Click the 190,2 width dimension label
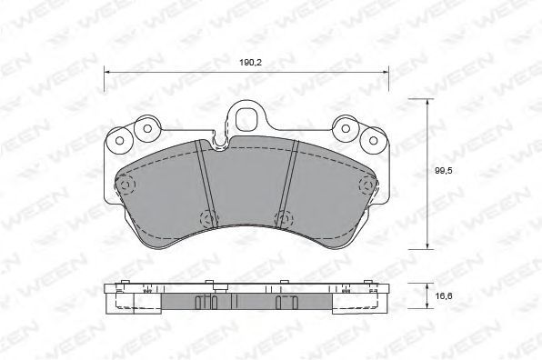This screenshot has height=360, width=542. (251, 63)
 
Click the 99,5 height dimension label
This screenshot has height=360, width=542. (444, 171)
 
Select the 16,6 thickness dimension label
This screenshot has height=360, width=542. (444, 295)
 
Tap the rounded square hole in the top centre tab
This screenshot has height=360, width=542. (246, 119)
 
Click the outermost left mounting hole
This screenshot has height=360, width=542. (120, 141)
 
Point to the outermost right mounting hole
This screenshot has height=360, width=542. (374, 141)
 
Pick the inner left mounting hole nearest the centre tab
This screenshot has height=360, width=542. (147, 128)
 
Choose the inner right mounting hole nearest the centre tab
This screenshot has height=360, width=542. (346, 128)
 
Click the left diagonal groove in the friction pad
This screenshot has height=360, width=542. (206, 184)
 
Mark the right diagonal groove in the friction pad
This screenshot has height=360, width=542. (286, 184)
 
